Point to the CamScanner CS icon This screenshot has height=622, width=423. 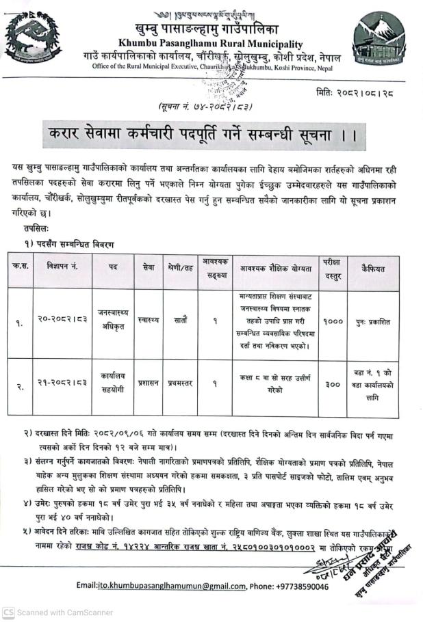[8, 612]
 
